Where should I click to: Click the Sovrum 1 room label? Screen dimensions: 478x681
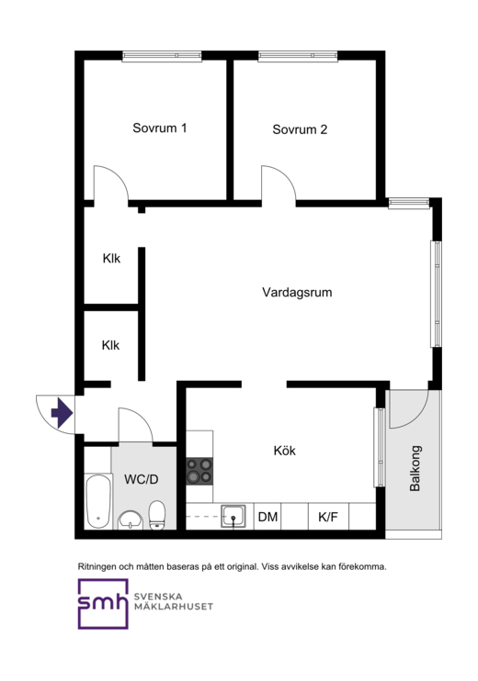[x=160, y=128]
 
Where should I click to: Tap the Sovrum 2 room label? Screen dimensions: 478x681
[x=300, y=129]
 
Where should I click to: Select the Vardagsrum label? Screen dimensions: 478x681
[x=297, y=292]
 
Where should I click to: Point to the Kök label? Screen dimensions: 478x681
[x=284, y=451]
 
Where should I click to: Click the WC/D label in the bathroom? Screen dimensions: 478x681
[x=142, y=479]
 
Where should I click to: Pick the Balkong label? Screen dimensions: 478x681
[x=415, y=468]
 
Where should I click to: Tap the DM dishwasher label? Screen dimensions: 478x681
[x=267, y=517]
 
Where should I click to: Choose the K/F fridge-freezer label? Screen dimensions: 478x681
[x=328, y=517]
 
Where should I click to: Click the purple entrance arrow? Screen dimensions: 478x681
[x=62, y=413]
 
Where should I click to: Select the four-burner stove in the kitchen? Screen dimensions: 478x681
[x=199, y=471]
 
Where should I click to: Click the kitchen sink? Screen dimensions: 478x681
[x=233, y=517]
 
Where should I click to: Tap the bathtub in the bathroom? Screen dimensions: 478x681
[x=97, y=502]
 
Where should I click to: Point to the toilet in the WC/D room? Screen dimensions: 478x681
[x=157, y=516]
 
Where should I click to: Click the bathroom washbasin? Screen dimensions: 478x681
[x=130, y=519]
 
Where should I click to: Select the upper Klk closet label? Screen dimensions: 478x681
[x=111, y=259]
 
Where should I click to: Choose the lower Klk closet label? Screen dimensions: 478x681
[x=110, y=345]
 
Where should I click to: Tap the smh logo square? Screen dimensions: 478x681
[x=103, y=604]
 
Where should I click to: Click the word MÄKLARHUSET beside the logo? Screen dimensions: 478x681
[x=174, y=607]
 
